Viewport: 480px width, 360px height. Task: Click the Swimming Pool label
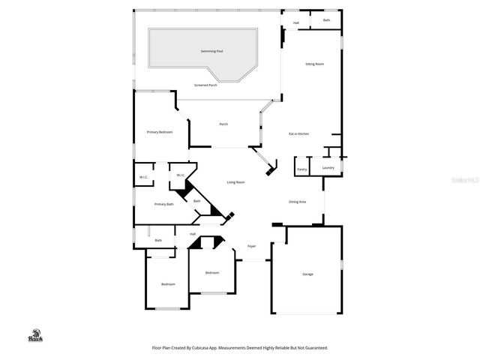pyautogui.click(x=211, y=51)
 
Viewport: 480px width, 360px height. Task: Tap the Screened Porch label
pyautogui.click(x=205, y=85)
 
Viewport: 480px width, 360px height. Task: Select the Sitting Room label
pyautogui.click(x=314, y=64)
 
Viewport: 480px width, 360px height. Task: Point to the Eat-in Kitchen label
pyautogui.click(x=299, y=134)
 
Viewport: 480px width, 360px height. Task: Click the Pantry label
pyautogui.click(x=302, y=169)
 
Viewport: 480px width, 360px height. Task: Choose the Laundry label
pyautogui.click(x=328, y=168)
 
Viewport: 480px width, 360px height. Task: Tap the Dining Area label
pyautogui.click(x=297, y=202)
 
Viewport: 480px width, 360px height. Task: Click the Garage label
pyautogui.click(x=307, y=274)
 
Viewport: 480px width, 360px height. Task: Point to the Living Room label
pyautogui.click(x=236, y=182)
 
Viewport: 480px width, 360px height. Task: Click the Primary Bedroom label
pyautogui.click(x=159, y=132)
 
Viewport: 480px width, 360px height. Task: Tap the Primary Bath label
pyautogui.click(x=164, y=204)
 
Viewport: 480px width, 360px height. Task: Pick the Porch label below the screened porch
pyautogui.click(x=223, y=124)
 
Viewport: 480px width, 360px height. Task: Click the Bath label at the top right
pyautogui.click(x=326, y=20)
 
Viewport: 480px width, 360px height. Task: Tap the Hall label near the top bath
pyautogui.click(x=296, y=22)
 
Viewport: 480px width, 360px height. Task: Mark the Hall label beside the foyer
pyautogui.click(x=193, y=234)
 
